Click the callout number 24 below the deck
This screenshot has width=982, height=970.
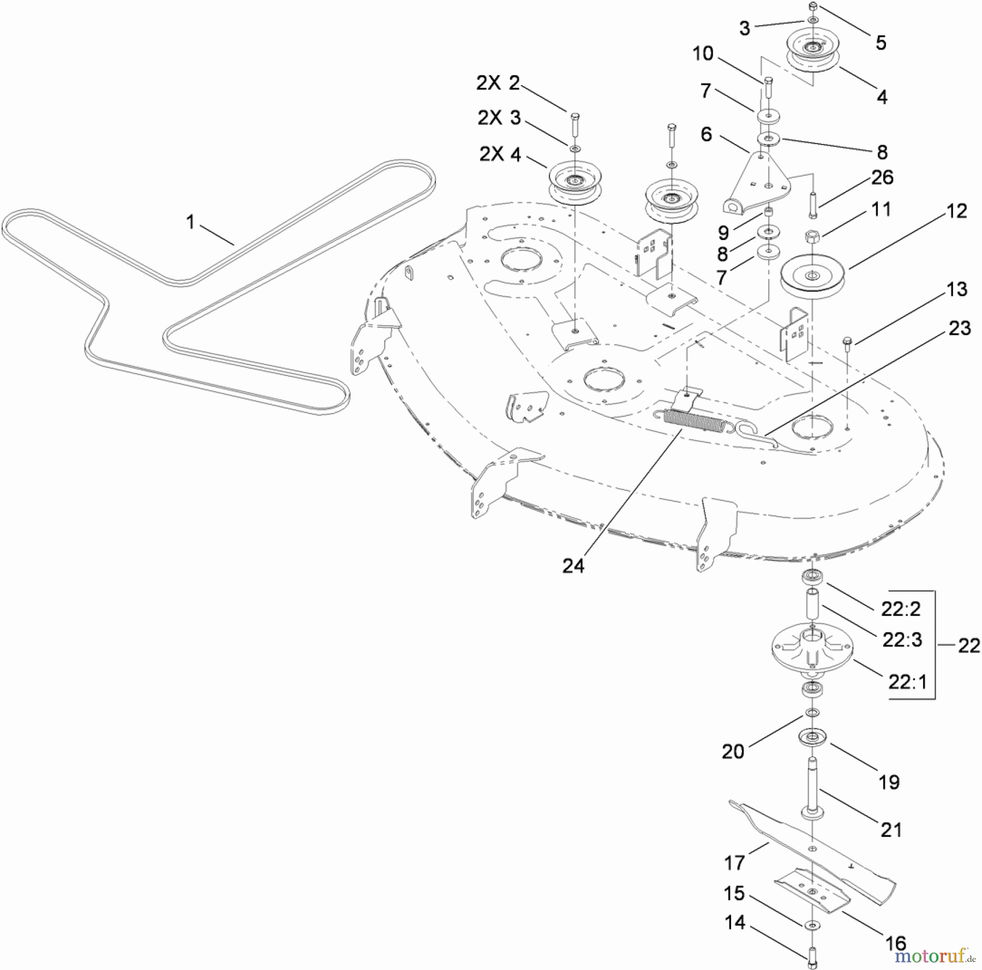tap(573, 566)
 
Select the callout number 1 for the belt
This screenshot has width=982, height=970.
tap(190, 222)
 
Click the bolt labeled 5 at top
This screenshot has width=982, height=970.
tap(812, 7)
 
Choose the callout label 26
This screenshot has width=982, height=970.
tap(882, 177)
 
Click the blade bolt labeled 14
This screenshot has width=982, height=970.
tap(812, 956)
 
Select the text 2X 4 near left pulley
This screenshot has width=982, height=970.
tap(500, 154)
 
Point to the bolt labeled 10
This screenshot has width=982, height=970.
tap(768, 87)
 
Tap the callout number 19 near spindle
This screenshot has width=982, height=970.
tap(889, 782)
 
